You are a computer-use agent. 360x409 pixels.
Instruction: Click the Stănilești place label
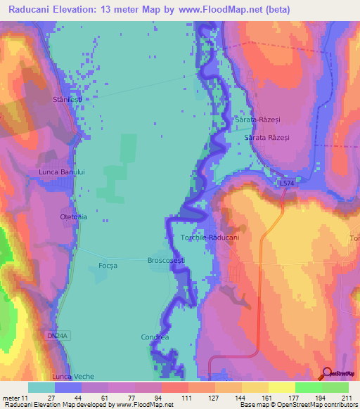[x=67, y=100]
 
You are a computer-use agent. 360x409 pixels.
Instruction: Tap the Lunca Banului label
[x=61, y=171]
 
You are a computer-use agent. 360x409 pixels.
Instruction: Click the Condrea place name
[x=155, y=337]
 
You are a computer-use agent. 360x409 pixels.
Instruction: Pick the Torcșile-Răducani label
[x=210, y=238]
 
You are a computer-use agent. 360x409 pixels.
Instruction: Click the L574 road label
[x=286, y=183]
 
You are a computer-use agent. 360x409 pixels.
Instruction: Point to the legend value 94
[x=161, y=398]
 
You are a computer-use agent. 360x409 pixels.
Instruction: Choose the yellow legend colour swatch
[x=281, y=387]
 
